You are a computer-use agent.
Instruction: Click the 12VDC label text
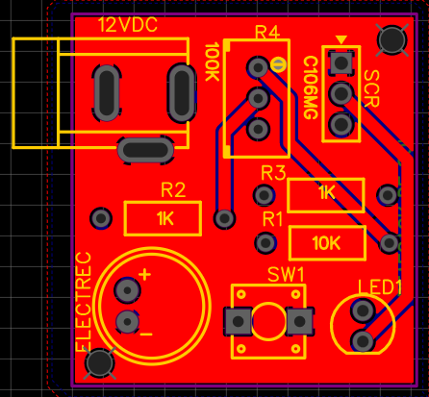128,25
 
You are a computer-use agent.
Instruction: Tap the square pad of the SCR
341,62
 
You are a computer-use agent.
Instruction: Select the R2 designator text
173,190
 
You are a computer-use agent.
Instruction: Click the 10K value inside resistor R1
326,243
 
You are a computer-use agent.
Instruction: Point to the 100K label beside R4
212,62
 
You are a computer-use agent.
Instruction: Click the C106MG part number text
310,87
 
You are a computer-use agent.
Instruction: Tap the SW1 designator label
286,275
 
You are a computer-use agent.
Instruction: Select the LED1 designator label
380,287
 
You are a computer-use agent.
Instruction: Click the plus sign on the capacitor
144,275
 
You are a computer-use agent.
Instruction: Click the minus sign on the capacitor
146,335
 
